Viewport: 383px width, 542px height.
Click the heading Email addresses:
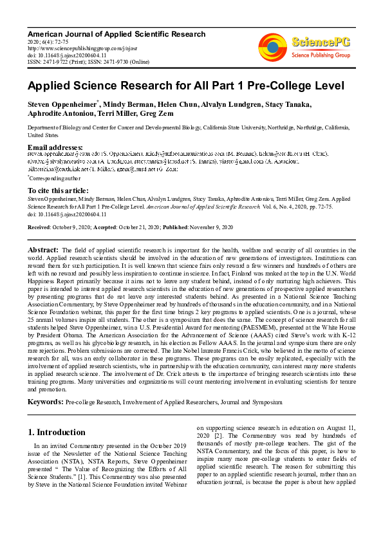(x=55, y=147)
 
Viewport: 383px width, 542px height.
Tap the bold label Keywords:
(x=45, y=402)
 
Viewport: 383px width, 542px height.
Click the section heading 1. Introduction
(x=57, y=432)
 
